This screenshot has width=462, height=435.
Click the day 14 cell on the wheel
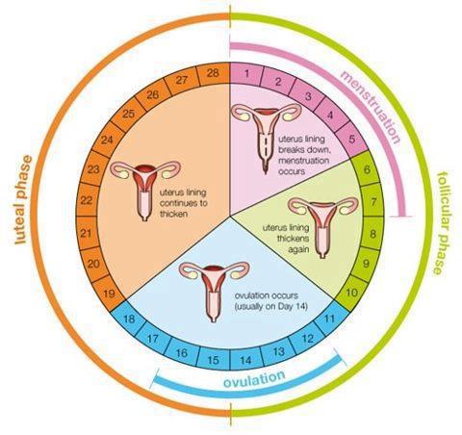245,359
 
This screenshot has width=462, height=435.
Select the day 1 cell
246,74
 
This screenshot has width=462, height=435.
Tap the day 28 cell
213,73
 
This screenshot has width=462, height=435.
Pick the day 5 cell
351,140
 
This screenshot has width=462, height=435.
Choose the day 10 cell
351,293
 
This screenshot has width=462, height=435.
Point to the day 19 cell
110,293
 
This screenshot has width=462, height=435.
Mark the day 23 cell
93,168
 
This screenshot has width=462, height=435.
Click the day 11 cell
329,319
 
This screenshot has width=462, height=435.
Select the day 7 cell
372,202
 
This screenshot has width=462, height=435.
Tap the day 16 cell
182,353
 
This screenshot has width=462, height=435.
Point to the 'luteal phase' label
23,199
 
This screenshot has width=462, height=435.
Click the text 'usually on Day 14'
271,306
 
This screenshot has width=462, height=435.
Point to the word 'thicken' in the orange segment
173,214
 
